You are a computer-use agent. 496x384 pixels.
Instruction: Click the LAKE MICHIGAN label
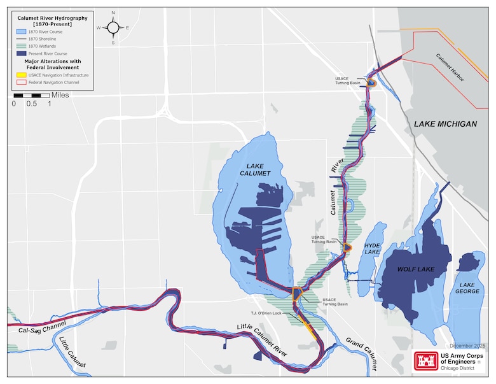click(x=445, y=124)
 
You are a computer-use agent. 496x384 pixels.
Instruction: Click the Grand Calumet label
click(x=361, y=352)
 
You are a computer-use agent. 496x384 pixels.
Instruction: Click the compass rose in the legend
click(x=113, y=27)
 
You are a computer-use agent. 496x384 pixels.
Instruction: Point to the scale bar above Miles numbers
click(x=31, y=95)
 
